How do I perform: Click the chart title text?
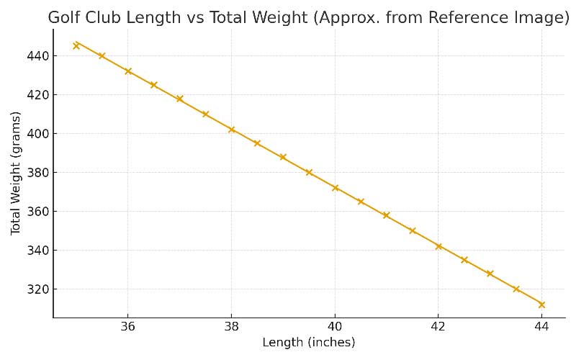coord(308,18)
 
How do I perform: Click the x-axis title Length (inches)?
coord(308,343)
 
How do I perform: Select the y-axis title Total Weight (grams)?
coord(15,173)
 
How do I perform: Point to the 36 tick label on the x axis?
coord(128,327)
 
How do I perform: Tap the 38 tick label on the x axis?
coord(231,327)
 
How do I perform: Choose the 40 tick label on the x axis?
coord(335,327)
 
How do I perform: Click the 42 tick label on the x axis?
coord(438,327)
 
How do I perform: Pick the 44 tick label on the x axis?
coord(541,327)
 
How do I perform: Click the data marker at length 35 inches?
coord(76,45)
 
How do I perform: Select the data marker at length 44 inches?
coord(541,305)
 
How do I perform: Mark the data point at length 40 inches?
coord(335,188)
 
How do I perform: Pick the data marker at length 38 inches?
coord(231,130)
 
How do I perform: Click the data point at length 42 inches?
coord(438,246)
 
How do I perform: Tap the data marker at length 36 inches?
coord(128,71)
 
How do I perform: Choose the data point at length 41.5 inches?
coord(413,231)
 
